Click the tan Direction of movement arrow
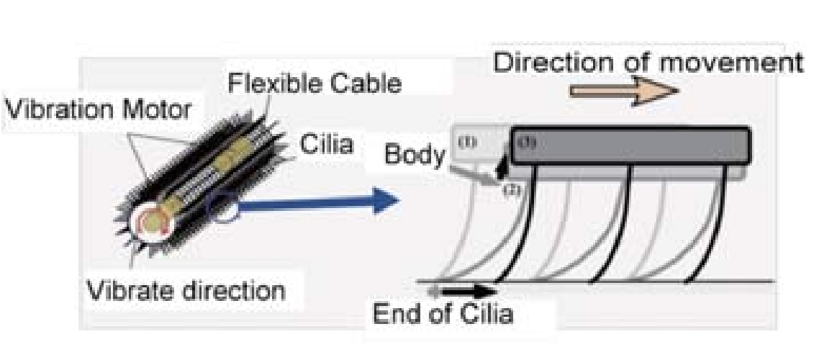(x=623, y=91)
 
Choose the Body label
(x=413, y=154)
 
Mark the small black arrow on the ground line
(x=471, y=292)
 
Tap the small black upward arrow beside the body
(x=502, y=168)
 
